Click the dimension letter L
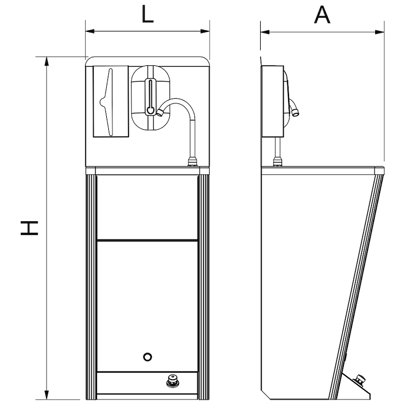(147, 15)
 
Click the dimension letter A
(322, 15)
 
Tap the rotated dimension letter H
(29, 228)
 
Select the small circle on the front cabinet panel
(147, 357)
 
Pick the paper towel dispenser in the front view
(111, 101)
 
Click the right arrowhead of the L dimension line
(206, 31)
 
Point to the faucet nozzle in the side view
(295, 110)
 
